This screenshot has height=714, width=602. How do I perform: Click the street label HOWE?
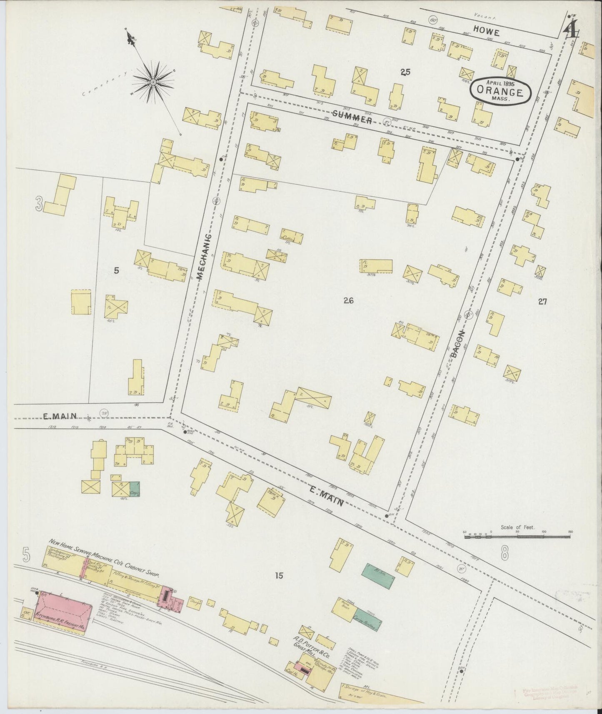[486, 31]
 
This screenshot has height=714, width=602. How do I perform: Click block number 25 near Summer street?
[405, 72]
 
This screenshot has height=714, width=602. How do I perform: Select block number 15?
[279, 576]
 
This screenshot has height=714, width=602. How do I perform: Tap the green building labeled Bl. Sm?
[378, 576]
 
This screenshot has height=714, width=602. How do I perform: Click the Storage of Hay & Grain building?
[367, 692]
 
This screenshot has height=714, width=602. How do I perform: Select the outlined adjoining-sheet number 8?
[505, 554]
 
